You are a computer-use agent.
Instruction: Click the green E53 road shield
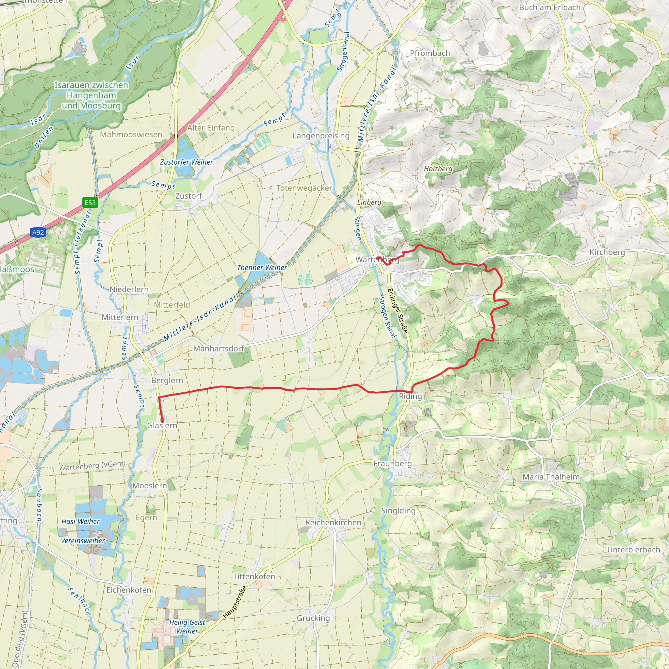[90, 203]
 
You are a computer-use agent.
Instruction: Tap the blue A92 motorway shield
[38, 232]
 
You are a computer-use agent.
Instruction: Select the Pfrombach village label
[430, 53]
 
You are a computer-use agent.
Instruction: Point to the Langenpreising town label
[321, 136]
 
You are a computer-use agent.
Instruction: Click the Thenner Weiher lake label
[262, 268]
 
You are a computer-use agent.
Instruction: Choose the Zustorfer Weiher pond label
[186, 162]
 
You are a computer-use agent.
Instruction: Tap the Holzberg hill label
[438, 169]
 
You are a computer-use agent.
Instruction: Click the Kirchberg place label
[607, 252]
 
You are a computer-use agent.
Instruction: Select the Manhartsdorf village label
[219, 348]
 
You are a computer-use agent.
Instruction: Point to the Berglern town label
[167, 380]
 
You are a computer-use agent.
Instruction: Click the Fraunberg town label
[393, 463]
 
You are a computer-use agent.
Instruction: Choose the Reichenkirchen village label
[333, 522]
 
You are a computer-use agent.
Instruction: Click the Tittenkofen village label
[254, 576]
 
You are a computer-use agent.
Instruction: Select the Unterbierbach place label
[634, 549]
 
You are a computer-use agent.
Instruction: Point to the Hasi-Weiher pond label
[80, 521]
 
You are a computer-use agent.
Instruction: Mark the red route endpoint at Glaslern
[162, 421]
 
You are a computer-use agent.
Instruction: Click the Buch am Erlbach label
[549, 7]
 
